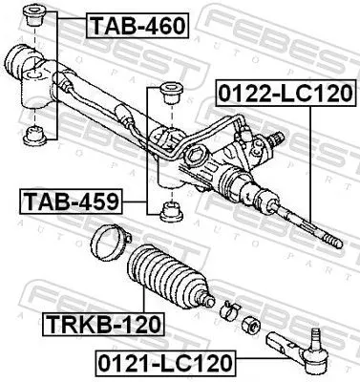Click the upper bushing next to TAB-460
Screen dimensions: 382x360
pos(39,18)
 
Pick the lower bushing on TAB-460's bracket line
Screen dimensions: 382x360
pos(38,133)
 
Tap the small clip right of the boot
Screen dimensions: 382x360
pos(228,308)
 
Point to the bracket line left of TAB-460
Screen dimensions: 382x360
pos(56,76)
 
